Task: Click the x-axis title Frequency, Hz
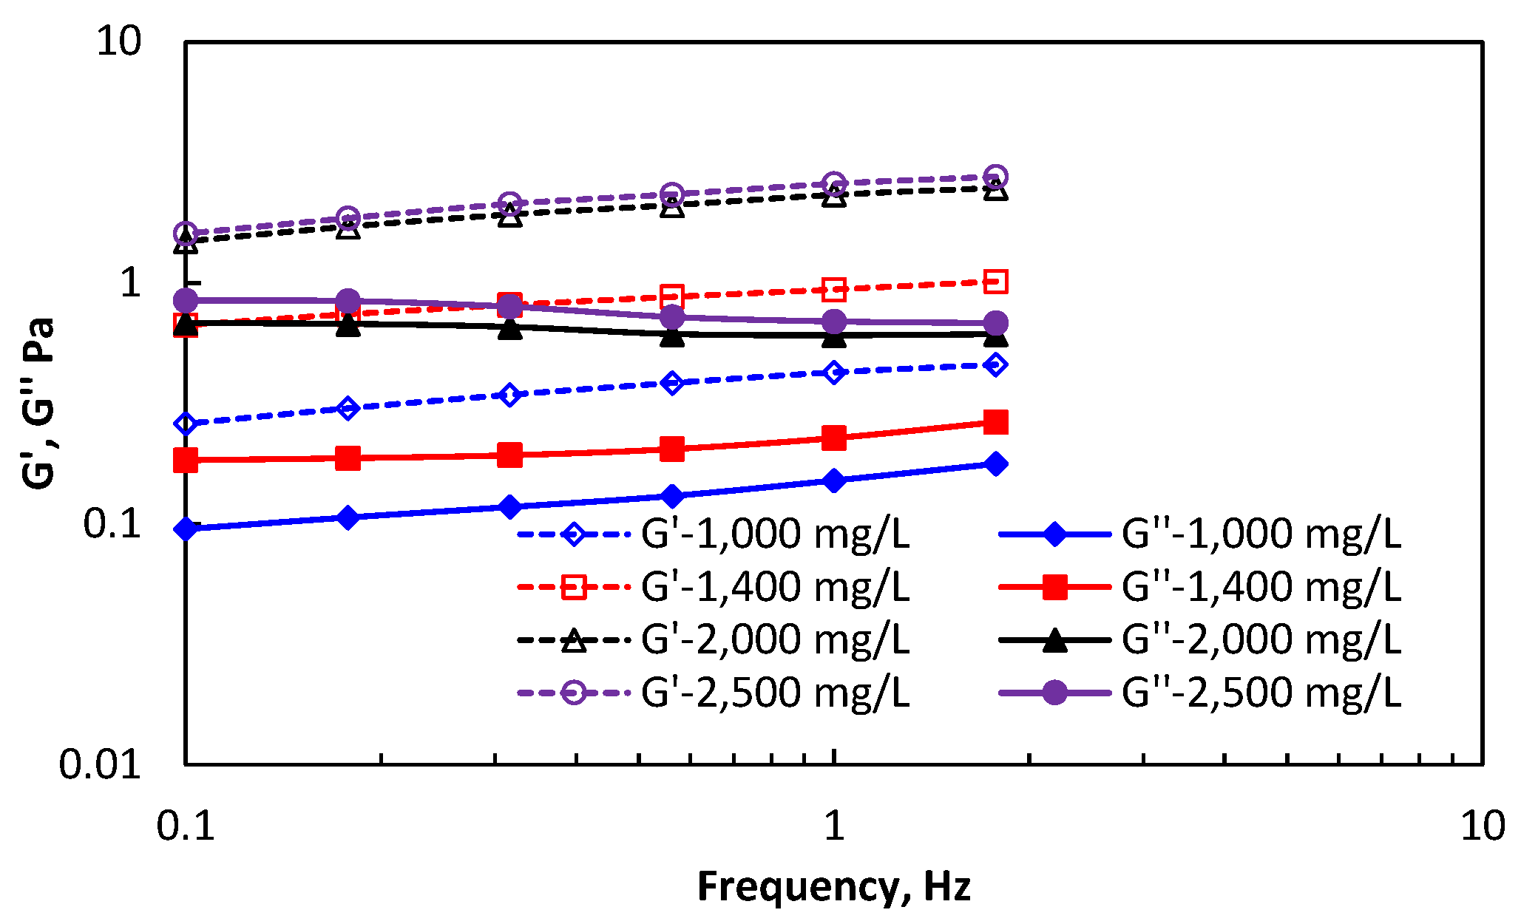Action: point(833,886)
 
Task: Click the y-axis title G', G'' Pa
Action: point(38,403)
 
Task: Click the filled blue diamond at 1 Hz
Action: point(834,481)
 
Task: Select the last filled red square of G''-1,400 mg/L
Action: point(996,422)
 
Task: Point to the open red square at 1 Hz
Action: point(834,290)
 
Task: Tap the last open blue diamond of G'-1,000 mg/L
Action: point(996,364)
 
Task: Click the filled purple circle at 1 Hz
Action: point(834,322)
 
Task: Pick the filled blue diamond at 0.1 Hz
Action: point(186,529)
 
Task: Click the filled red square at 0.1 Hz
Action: point(186,461)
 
